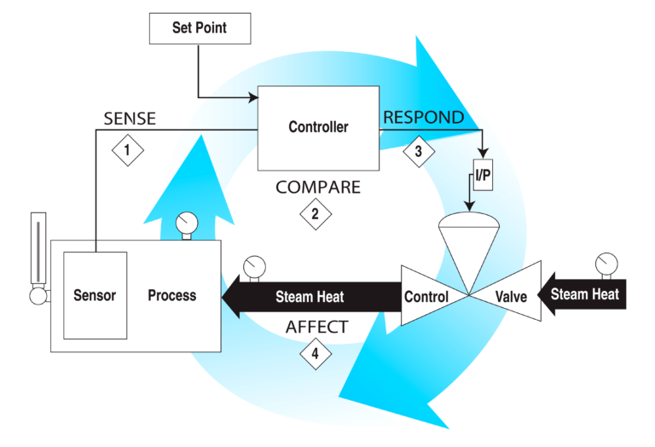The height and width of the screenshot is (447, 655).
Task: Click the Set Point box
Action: tap(200, 28)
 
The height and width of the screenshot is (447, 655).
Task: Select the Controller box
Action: tap(318, 127)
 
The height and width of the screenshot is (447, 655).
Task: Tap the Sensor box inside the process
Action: tap(95, 296)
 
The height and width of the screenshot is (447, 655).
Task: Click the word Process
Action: tap(171, 296)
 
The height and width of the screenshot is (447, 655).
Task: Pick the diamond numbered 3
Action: tap(418, 151)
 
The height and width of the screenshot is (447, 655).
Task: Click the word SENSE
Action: tap(130, 119)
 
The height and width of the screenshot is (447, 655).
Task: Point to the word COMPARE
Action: tap(318, 186)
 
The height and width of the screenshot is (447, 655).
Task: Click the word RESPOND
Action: tap(423, 118)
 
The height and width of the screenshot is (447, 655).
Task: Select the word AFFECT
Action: tap(316, 327)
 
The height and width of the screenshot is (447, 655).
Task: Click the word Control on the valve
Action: tap(426, 297)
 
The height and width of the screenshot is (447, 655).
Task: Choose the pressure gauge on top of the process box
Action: tap(184, 223)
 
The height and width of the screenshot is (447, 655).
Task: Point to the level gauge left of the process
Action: tap(36, 256)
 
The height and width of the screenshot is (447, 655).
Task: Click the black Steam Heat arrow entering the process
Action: tap(307, 297)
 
